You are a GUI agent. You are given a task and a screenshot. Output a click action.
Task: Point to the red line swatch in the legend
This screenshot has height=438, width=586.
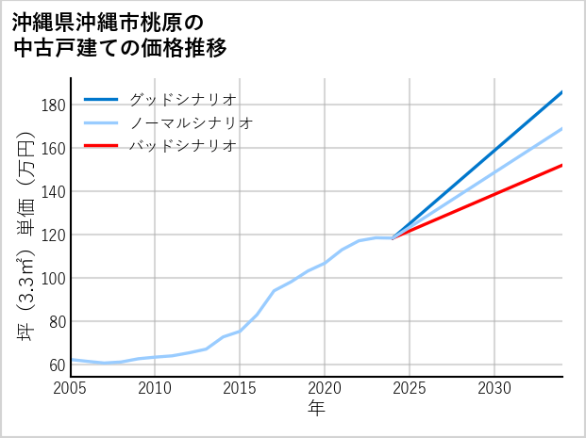[101, 146]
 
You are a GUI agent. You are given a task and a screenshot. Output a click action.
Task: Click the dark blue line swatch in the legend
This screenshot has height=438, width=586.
[101, 99]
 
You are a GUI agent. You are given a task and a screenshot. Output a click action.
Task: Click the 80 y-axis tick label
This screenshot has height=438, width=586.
[56, 321]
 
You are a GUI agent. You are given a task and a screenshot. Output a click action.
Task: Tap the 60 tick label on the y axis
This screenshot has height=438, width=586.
[56, 365]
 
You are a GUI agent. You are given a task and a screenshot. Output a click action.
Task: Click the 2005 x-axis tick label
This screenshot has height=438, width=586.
[71, 388]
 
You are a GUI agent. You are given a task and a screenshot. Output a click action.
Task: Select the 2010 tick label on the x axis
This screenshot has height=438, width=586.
[155, 388]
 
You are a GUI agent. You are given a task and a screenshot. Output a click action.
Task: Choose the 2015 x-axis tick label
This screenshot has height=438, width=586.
[240, 388]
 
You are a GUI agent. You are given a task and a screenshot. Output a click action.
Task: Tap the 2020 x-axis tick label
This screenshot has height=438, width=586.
[325, 388]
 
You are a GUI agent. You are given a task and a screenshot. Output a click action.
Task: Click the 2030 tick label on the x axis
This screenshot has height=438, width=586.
[494, 388]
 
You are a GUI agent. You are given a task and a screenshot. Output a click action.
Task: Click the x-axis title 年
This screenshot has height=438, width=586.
[317, 409]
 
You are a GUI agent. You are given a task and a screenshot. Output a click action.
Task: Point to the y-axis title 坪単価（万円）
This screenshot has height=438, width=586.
[25, 235]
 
